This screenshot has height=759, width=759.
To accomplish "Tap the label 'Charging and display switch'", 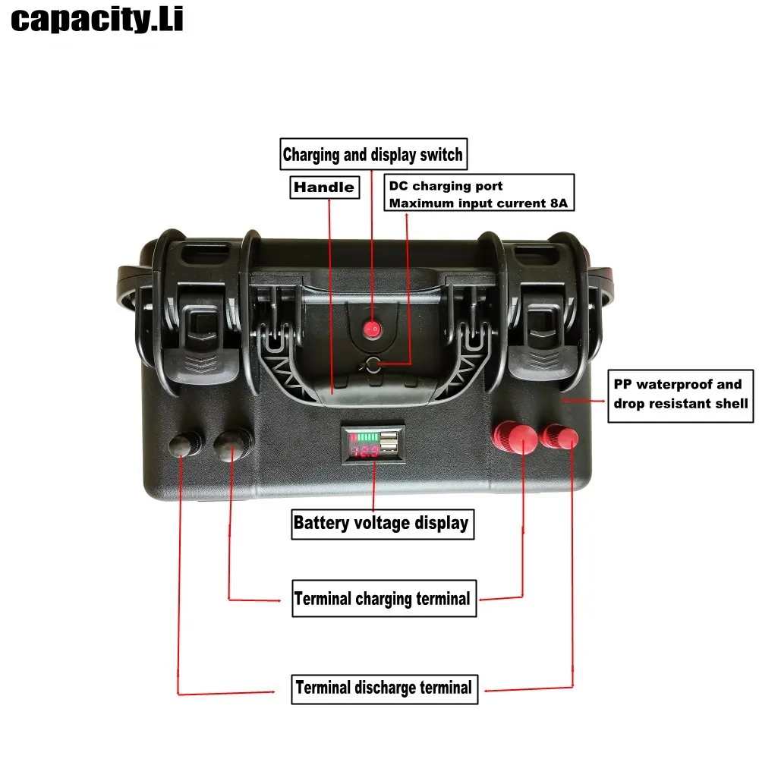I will pyautogui.click(x=372, y=156).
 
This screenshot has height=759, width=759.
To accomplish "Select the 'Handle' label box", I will pyautogui.click(x=323, y=187).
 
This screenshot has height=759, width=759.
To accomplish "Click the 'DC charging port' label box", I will pyautogui.click(x=479, y=194).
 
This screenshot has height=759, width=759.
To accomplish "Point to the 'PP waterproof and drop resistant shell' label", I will pyautogui.click(x=682, y=395).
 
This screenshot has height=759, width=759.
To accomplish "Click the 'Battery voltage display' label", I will pyautogui.click(x=380, y=523).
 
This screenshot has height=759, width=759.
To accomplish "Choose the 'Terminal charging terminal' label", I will pyautogui.click(x=383, y=599).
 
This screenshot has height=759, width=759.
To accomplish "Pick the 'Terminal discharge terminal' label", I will pyautogui.click(x=384, y=688).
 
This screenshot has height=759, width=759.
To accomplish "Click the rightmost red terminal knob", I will pyautogui.click(x=562, y=437).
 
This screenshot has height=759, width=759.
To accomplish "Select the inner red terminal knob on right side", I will pyautogui.click(x=517, y=438).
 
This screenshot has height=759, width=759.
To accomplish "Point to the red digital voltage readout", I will pyautogui.click(x=364, y=450).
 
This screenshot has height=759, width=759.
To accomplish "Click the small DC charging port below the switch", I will pyautogui.click(x=372, y=365).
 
